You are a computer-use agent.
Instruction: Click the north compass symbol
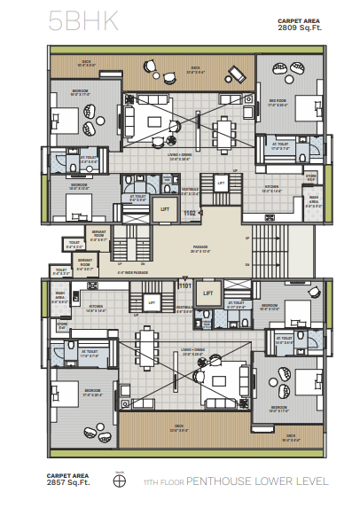(119, 483)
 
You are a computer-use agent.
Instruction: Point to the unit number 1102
(190, 213)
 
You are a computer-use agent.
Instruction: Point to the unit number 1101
(185, 285)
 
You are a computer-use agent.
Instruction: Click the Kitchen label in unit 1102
(271, 188)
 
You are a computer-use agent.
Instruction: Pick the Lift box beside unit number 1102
(163, 210)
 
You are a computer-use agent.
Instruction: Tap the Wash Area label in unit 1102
(312, 201)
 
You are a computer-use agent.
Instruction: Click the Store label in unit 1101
(63, 325)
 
